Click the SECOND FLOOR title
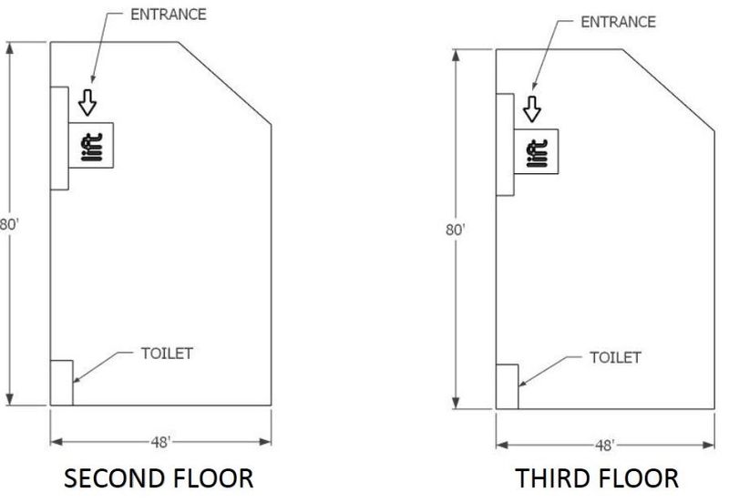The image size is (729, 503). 159,478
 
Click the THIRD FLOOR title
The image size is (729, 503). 597,478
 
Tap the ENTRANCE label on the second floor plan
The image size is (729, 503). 169,15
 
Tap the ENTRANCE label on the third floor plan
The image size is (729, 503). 619,22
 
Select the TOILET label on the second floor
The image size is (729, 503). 167,354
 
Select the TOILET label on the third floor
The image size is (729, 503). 616,357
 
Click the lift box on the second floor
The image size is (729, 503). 91,145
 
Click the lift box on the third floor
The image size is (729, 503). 536,151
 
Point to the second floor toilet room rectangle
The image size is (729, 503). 62,383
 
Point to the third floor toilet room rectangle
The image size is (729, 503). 508,386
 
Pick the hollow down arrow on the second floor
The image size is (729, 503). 87,103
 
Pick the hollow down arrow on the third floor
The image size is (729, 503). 532,109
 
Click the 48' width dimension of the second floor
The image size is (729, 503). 161,442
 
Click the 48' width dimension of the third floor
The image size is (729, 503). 605,446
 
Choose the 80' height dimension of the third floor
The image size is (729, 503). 456,230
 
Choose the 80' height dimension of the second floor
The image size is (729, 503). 9,224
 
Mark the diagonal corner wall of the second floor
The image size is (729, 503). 225,83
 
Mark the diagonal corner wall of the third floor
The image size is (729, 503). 669,90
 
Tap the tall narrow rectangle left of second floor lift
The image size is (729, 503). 59,139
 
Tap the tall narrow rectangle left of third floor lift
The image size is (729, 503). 505,145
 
